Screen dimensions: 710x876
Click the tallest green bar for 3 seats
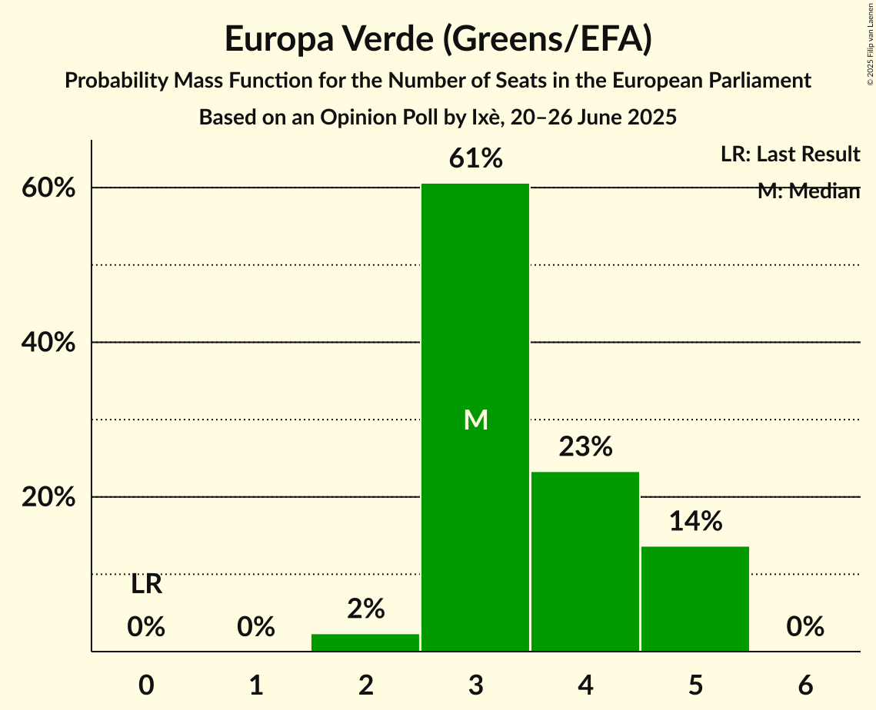[x=475, y=307]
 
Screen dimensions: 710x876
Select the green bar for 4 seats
[x=585, y=561]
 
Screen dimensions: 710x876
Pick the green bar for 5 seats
[x=695, y=599]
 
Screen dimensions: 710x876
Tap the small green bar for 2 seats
[x=365, y=642]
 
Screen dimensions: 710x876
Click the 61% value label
[x=476, y=159]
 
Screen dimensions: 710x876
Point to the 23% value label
[x=585, y=446]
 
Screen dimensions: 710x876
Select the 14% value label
[x=695, y=522]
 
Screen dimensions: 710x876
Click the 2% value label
[x=365, y=609]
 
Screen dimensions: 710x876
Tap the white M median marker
[x=476, y=420]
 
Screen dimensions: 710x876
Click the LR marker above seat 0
[x=146, y=585]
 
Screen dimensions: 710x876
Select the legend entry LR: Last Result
[x=790, y=154]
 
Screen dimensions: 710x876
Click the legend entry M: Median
[x=808, y=191]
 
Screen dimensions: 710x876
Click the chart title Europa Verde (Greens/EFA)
[x=438, y=39]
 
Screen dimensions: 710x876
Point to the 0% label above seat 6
[x=805, y=627]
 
